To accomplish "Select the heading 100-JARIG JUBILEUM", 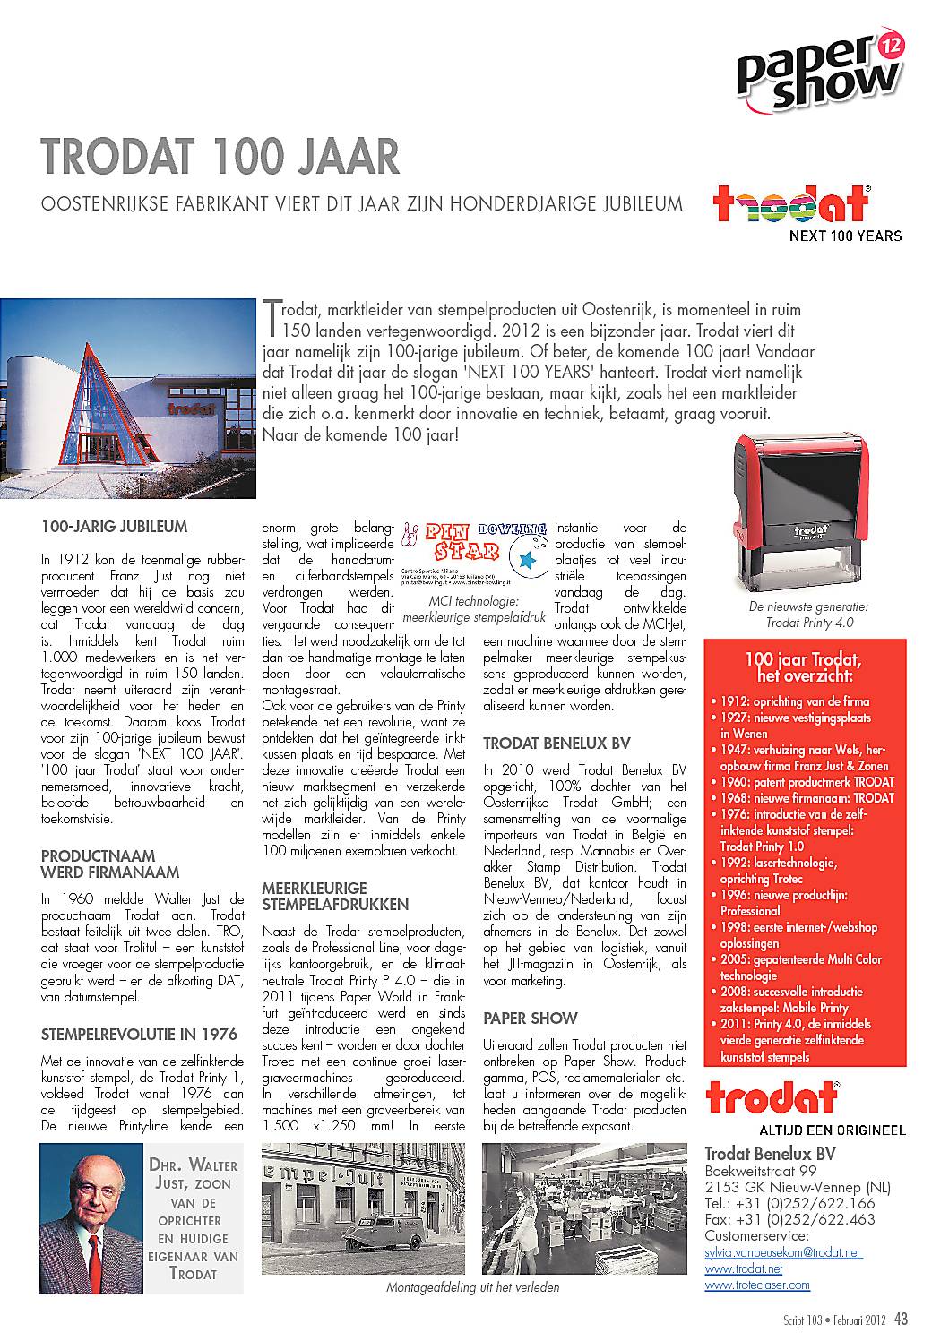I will (115, 528).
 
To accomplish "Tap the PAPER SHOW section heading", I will (531, 1019).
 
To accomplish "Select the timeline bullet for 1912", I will (789, 701).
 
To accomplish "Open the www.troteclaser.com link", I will (757, 1285).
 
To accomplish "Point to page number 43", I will (902, 1318).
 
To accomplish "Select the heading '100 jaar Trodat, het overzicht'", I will (803, 666).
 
